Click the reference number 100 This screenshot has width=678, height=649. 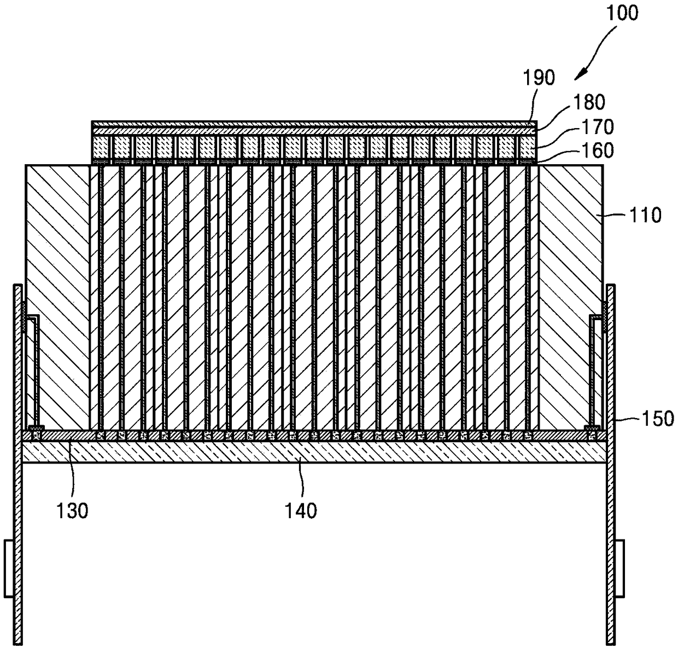click(623, 14)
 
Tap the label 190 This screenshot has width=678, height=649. click(538, 77)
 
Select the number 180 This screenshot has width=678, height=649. click(589, 102)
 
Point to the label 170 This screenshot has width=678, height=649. click(597, 127)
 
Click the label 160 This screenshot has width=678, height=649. click(597, 150)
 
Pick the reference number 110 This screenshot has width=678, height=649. click(645, 215)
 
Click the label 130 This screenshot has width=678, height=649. click(73, 511)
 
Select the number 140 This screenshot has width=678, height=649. click(301, 511)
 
